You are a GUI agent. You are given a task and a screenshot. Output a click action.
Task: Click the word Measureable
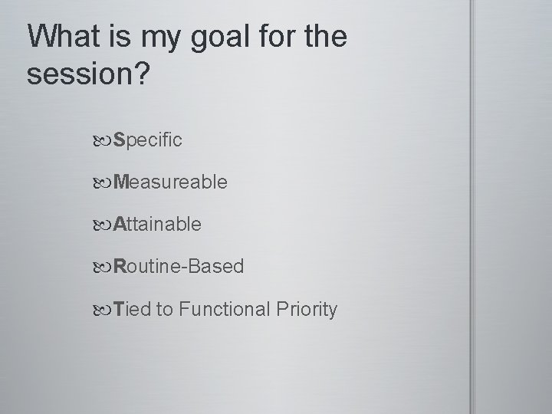tap(169, 182)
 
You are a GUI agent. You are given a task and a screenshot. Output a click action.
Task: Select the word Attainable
tap(157, 225)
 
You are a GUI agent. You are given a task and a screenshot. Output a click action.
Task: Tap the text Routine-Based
tap(178, 267)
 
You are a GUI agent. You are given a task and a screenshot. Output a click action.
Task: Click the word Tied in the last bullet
tap(132, 309)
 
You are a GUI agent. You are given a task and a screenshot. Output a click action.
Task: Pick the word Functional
tap(226, 309)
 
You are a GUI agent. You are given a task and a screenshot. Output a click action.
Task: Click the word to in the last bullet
tap(164, 310)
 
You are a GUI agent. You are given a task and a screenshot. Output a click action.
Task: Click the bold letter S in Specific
tap(119, 140)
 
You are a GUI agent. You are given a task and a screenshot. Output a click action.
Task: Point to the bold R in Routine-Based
tap(120, 267)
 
